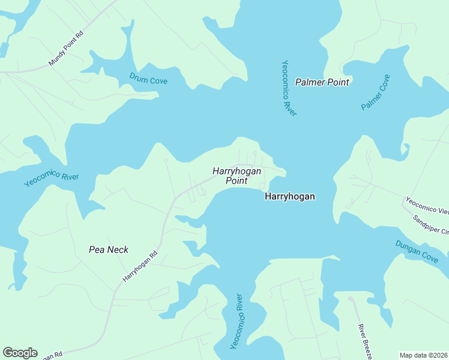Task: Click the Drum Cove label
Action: pyautogui.click(x=148, y=78)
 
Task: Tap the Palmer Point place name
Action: pyautogui.click(x=322, y=82)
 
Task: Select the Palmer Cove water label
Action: pyautogui.click(x=376, y=92)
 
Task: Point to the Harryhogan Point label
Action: pyautogui.click(x=237, y=175)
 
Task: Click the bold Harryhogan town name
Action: pyautogui.click(x=290, y=196)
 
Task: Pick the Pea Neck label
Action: pyautogui.click(x=109, y=250)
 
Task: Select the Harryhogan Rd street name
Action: pyautogui.click(x=140, y=266)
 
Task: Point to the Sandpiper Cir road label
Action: pyautogui.click(x=431, y=225)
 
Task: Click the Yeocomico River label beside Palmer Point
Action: pyautogui.click(x=289, y=88)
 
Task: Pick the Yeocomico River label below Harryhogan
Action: pyautogui.click(x=237, y=322)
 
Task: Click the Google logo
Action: pyautogui.click(x=20, y=353)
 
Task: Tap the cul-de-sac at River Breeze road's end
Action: pyautogui.click(x=351, y=299)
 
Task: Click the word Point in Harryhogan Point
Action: pyautogui.click(x=237, y=181)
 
